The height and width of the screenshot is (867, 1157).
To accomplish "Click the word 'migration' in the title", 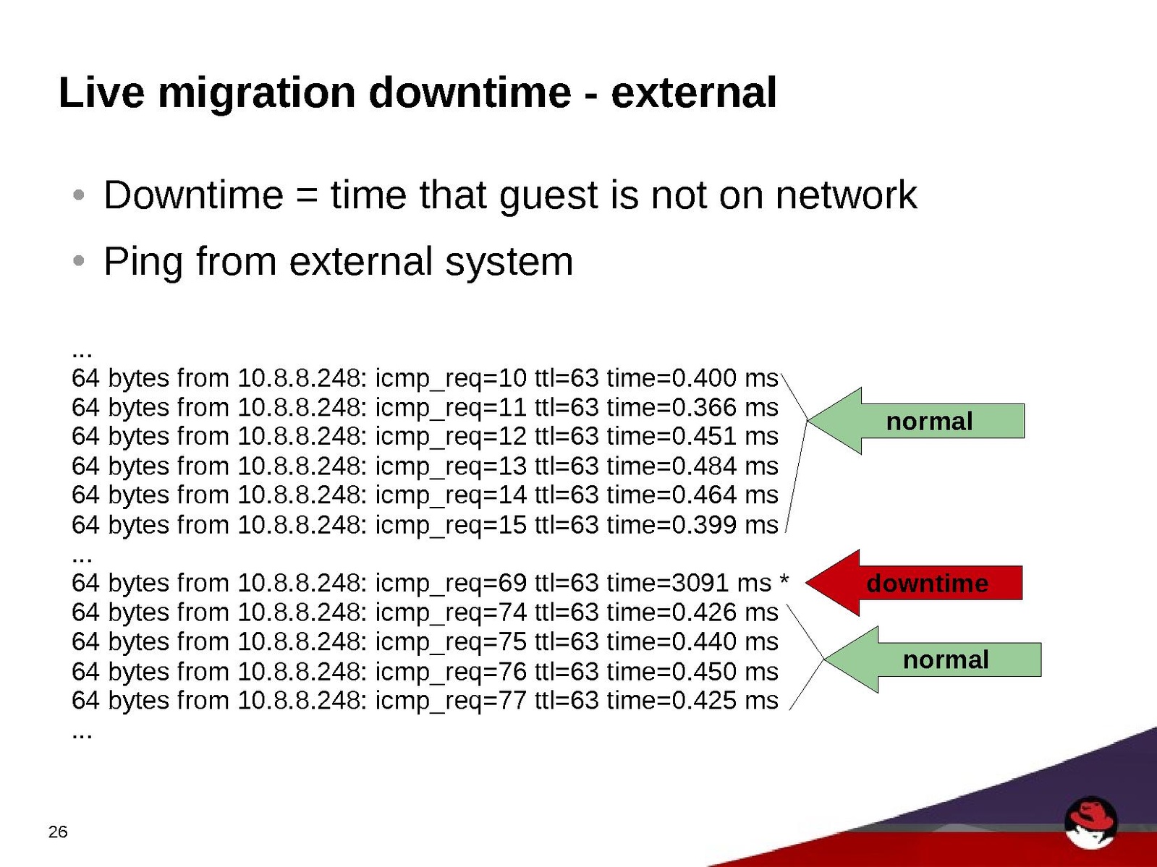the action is click(x=257, y=94).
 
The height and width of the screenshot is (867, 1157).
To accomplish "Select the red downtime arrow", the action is click(x=914, y=583).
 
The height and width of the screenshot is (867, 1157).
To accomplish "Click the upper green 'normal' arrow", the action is click(x=916, y=421).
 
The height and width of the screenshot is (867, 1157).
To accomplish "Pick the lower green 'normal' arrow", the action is click(x=933, y=659).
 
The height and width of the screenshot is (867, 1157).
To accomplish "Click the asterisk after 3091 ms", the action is click(x=784, y=579).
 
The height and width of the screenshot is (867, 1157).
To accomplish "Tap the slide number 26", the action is click(x=58, y=832).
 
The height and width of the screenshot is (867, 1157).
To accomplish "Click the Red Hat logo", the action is click(x=1091, y=824).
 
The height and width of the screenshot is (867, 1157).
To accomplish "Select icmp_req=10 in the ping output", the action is click(x=451, y=379).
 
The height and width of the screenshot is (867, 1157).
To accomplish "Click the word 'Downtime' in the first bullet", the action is click(x=193, y=195).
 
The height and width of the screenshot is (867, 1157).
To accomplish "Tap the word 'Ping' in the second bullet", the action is click(x=143, y=262).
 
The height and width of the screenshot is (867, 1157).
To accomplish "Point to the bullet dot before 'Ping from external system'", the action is click(x=79, y=260).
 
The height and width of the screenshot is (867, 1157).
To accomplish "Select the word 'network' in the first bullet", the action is click(x=846, y=195).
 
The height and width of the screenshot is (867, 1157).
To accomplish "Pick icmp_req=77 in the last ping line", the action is click(x=451, y=701).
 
